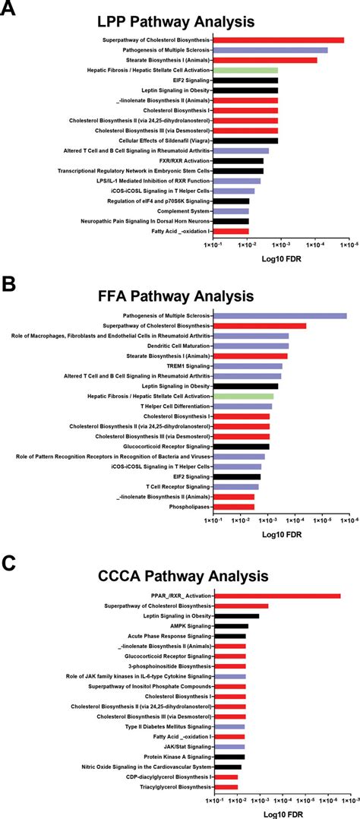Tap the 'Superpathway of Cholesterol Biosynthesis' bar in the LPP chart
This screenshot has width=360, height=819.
278,40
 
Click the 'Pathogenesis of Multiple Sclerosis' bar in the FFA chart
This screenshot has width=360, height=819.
279,315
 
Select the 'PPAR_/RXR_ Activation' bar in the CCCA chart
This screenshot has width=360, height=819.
277,596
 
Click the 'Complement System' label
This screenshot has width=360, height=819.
183,210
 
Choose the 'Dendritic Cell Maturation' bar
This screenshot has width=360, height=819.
251,346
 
